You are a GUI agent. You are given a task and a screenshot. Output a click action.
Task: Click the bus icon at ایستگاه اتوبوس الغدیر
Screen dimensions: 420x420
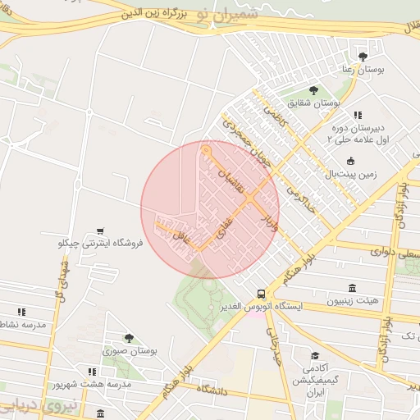click(261, 293)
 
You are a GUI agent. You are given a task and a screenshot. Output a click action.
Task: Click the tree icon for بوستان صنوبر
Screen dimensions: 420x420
click(128, 338)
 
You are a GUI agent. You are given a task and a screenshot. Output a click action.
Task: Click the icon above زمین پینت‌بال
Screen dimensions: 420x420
click(351, 161)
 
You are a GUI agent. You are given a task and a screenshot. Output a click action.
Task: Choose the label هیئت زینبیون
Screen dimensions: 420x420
click(353, 301)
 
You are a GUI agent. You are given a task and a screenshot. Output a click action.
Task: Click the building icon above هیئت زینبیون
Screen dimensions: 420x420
click(352, 288)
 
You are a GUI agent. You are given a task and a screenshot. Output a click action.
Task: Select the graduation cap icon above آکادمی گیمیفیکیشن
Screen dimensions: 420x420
click(315, 355)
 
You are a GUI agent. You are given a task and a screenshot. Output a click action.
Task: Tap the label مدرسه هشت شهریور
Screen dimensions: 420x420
click(81, 384)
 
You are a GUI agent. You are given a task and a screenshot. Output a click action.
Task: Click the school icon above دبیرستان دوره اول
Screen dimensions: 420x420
click(357, 116)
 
